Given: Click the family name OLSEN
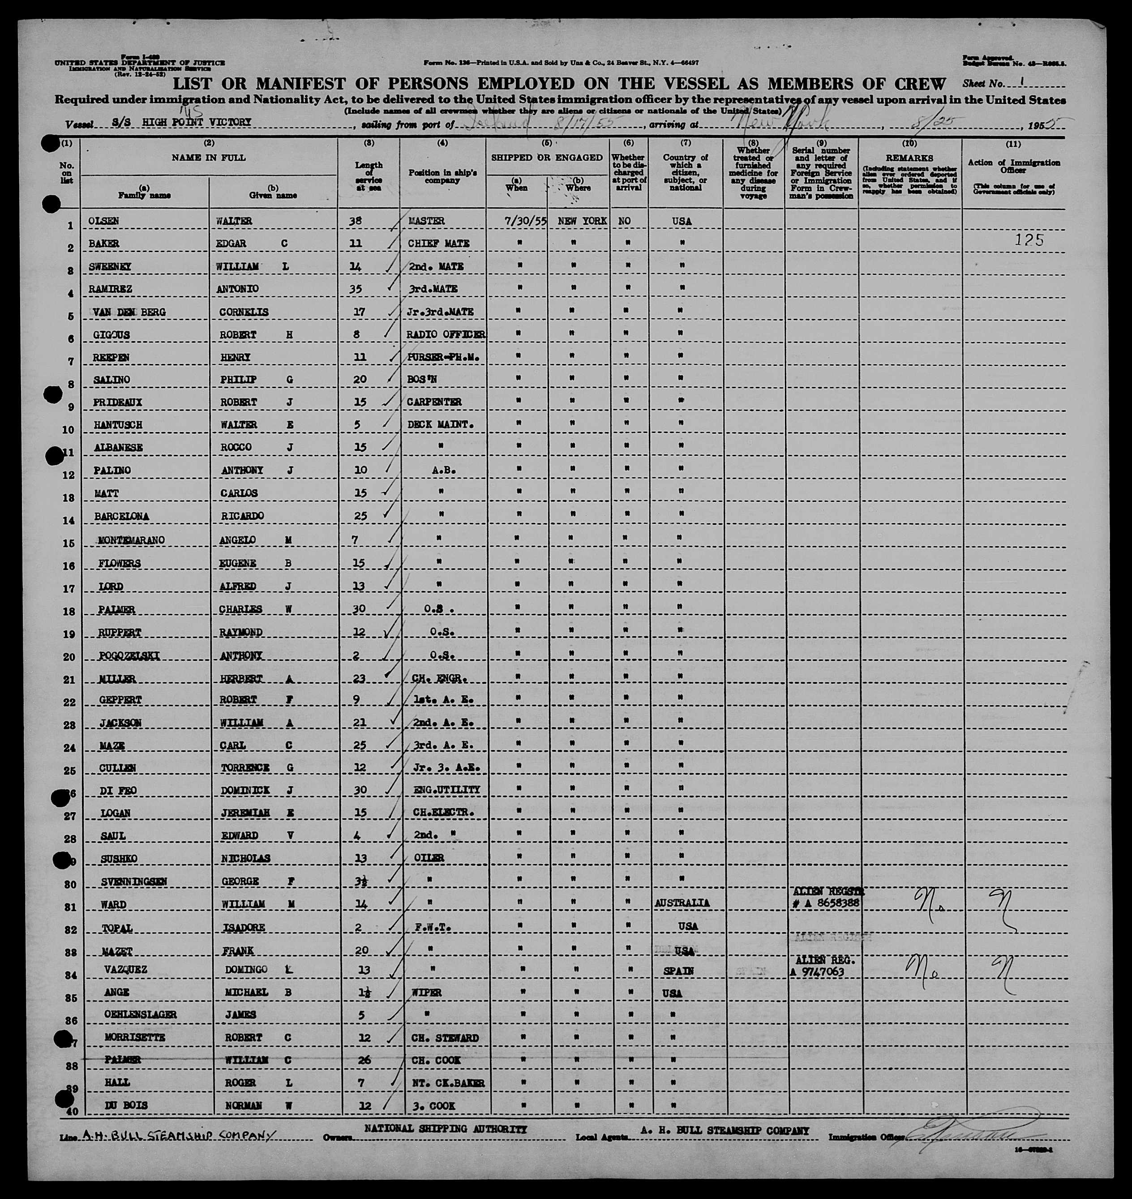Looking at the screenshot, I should coord(106,221).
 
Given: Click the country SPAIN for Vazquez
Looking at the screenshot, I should coord(679,972).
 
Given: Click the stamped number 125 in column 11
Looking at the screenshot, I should coord(1029,240).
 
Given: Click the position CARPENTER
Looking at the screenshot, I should coord(434,402).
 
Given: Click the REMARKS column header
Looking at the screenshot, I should coord(909,158).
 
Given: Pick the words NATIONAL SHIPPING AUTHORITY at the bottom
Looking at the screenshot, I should coord(446,1128).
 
